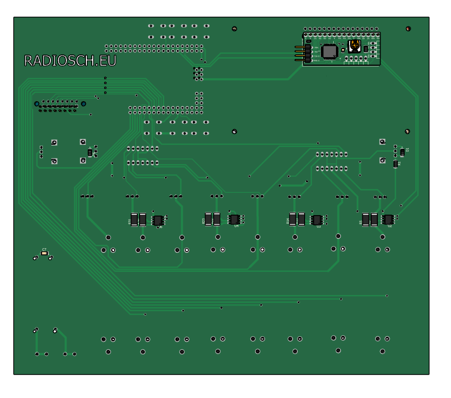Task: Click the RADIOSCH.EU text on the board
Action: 70,61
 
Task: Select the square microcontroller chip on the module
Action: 330,52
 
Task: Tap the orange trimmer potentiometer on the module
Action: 355,46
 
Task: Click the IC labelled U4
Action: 234,219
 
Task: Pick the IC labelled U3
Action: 317,220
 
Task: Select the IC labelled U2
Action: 388,219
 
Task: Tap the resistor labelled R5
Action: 370,220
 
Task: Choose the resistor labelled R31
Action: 138,220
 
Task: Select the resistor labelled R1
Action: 396,164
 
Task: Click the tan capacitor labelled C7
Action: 44,254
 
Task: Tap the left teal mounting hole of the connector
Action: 37,103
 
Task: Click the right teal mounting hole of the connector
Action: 84,103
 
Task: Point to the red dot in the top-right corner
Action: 408,29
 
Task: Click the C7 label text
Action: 44,250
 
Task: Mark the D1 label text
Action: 407,149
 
